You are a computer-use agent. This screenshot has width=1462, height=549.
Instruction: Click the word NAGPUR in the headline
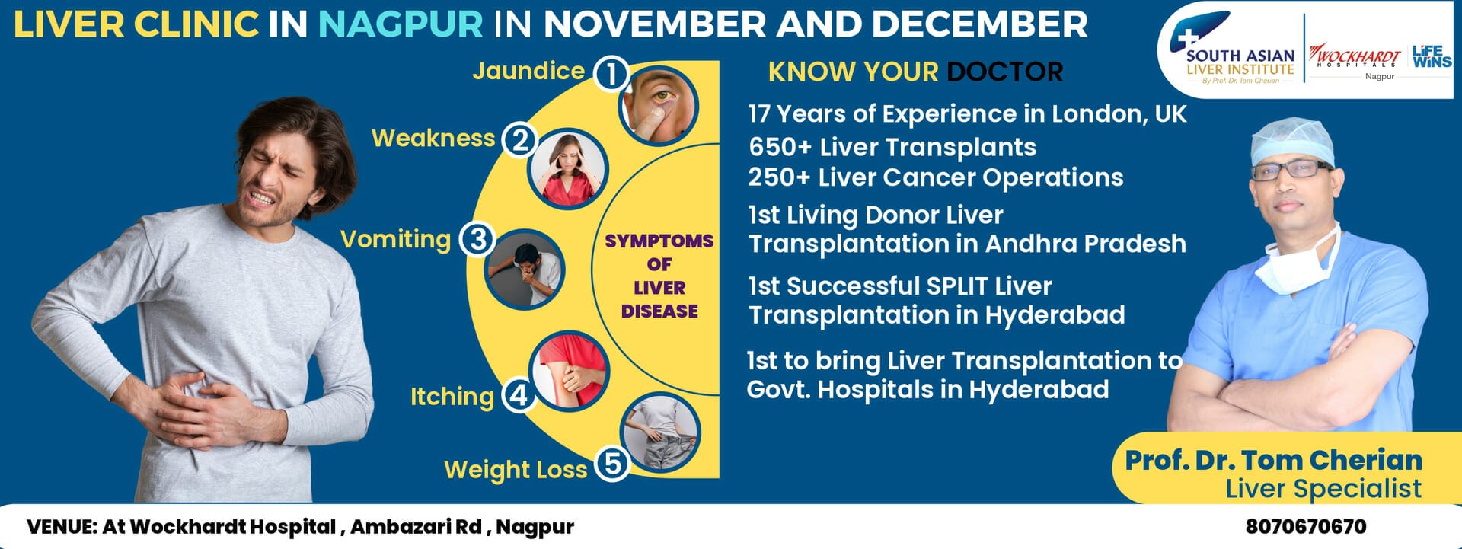401,24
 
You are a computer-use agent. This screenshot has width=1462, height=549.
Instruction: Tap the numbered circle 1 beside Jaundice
611,74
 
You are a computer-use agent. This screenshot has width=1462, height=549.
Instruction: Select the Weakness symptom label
433,138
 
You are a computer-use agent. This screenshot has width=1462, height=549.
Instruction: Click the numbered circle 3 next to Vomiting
477,239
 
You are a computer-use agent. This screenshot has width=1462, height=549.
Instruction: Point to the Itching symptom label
452,397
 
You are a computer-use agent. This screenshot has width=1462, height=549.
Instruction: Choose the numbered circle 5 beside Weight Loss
612,463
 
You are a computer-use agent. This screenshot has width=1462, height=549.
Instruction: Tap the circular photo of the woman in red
568,169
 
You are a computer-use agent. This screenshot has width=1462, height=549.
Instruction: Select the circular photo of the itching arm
570,371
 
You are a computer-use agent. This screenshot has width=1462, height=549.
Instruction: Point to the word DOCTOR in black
1004,72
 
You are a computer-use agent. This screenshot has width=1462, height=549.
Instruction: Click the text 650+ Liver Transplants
892,147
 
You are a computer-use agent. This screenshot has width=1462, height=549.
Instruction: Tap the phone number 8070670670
1306,526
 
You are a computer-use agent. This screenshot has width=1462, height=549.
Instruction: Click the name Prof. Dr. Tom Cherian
1274,460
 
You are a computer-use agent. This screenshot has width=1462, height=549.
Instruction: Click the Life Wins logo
1432,56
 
